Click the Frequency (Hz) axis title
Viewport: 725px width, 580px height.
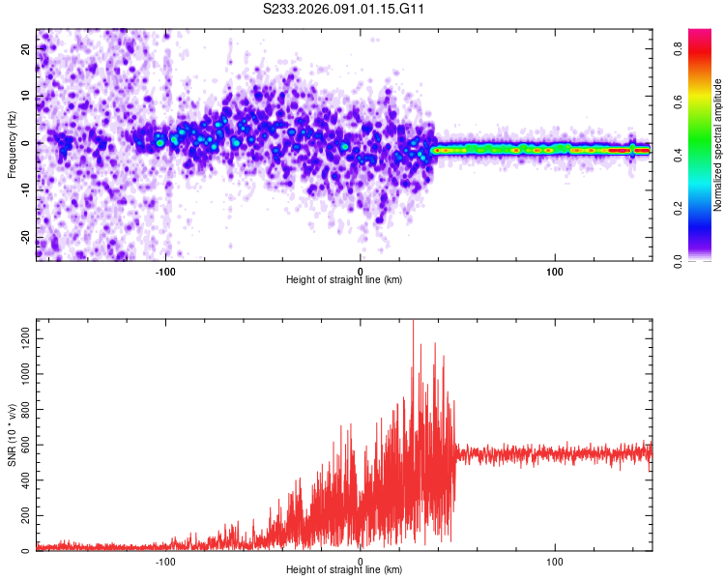tap(13, 144)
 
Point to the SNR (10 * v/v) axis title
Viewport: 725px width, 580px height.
tap(13, 435)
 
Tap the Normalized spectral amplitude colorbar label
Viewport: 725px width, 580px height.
tap(718, 144)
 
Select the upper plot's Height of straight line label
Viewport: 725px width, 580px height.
tap(344, 279)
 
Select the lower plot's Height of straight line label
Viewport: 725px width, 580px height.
tap(344, 569)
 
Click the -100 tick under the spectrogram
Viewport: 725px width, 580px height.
tap(165, 271)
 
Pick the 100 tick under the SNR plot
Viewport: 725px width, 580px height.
tap(555, 561)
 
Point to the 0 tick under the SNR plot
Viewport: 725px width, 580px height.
tap(361, 561)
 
